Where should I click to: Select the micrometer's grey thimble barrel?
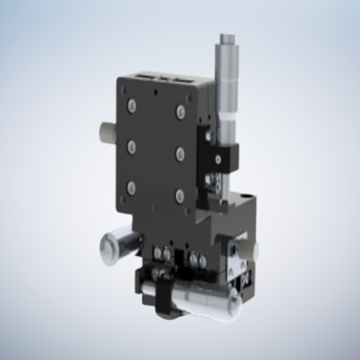[224, 88]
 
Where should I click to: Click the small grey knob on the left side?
[106, 130]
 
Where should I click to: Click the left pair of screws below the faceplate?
[163, 256]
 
